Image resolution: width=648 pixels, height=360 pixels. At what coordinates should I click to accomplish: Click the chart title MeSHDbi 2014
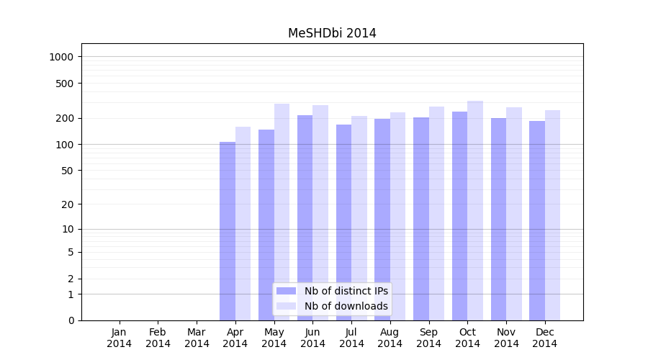click(x=332, y=33)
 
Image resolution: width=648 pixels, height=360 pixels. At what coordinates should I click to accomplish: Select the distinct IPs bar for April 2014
click(x=228, y=230)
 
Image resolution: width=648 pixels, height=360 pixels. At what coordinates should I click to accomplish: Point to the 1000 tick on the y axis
click(x=66, y=57)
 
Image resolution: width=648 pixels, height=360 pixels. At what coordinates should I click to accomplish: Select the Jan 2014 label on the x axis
click(x=120, y=338)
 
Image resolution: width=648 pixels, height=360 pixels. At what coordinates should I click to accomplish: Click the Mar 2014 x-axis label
click(x=197, y=338)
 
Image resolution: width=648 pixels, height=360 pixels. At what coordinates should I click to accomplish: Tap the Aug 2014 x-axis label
click(x=390, y=338)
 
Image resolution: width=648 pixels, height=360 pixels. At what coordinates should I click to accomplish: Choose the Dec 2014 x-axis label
click(x=545, y=338)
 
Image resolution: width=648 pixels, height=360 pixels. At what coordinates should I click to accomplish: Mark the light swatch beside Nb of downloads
click(x=287, y=306)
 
